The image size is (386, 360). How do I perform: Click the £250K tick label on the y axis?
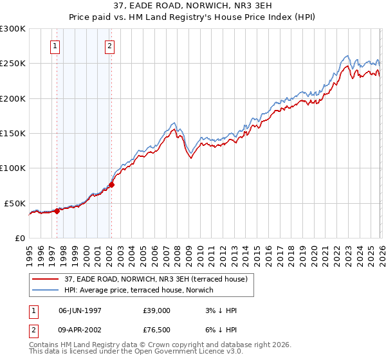[13, 64]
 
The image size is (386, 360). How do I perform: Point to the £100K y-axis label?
[13, 168]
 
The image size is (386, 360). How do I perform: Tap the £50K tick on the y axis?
[15, 203]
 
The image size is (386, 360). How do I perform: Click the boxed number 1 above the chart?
[56, 46]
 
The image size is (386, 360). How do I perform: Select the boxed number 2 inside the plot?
[111, 46]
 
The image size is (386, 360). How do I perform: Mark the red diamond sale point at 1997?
[57, 211]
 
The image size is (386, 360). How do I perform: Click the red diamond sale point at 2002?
[111, 184]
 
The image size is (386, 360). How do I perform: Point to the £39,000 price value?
[157, 310]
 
